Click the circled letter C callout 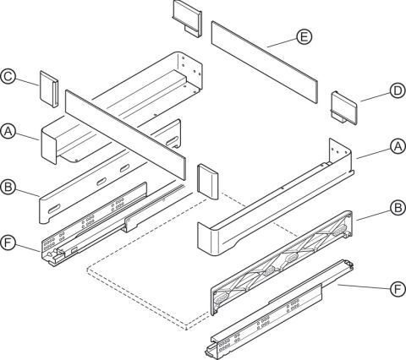pyautogui.click(x=8, y=77)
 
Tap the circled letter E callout pyautogui.click(x=304, y=37)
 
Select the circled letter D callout pyautogui.click(x=398, y=91)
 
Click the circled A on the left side pyautogui.click(x=8, y=132)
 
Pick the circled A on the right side pyautogui.click(x=398, y=147)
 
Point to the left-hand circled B pyautogui.click(x=8, y=187)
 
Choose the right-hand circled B pyautogui.click(x=398, y=208)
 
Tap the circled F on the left pyautogui.click(x=8, y=243)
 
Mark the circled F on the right pyautogui.click(x=398, y=289)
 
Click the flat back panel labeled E pyautogui.click(x=265, y=62)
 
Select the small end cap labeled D pyautogui.click(x=344, y=108)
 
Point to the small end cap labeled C pyautogui.click(x=49, y=89)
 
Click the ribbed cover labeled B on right pyautogui.click(x=282, y=262)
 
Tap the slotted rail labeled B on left pyautogui.click(x=110, y=172)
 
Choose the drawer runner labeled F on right pyautogui.click(x=279, y=310)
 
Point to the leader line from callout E pyautogui.click(x=282, y=43)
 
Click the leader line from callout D pyautogui.click(x=376, y=97)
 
